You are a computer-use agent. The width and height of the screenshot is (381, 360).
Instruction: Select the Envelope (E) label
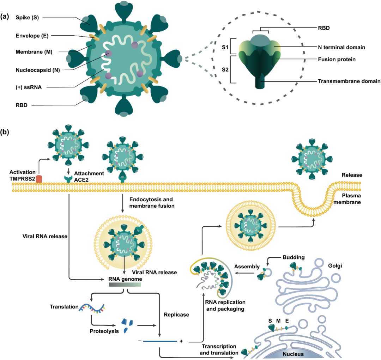click(32, 36)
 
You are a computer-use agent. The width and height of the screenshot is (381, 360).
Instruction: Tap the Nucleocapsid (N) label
click(37, 70)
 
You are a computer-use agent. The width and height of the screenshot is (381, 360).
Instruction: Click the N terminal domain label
click(341, 47)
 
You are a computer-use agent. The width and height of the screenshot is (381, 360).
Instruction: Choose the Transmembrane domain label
click(349, 81)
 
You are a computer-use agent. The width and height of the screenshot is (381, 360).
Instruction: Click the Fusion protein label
click(336, 59)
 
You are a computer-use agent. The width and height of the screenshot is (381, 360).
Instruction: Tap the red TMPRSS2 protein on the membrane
click(39, 179)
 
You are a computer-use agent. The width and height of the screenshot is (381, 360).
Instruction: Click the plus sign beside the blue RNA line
click(181, 341)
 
